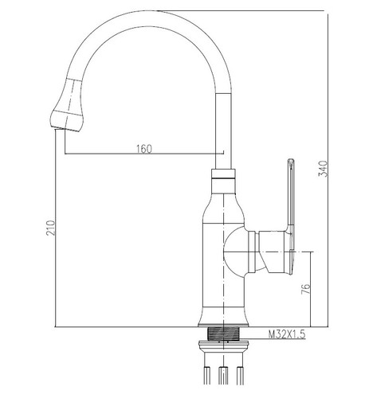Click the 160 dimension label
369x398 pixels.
click(x=144, y=149)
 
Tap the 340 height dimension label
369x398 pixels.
click(x=324, y=169)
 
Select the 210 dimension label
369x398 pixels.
click(x=51, y=228)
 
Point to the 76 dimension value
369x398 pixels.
click(x=305, y=289)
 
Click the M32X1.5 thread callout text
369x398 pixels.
click(x=287, y=334)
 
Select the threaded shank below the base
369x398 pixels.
click(x=223, y=334)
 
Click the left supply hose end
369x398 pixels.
click(x=206, y=375)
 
